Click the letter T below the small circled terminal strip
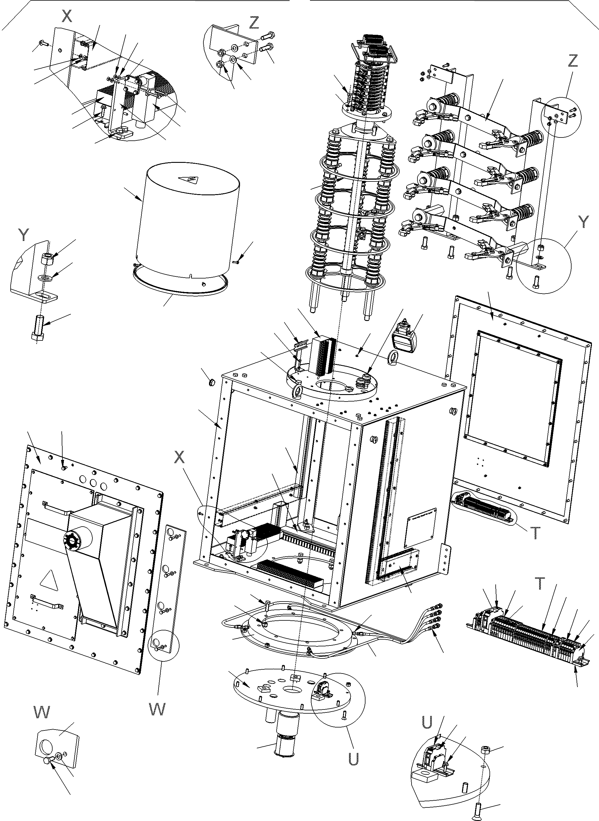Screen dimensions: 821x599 535,533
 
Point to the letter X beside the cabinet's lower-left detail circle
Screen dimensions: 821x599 179,458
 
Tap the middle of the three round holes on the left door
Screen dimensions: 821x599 93,483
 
